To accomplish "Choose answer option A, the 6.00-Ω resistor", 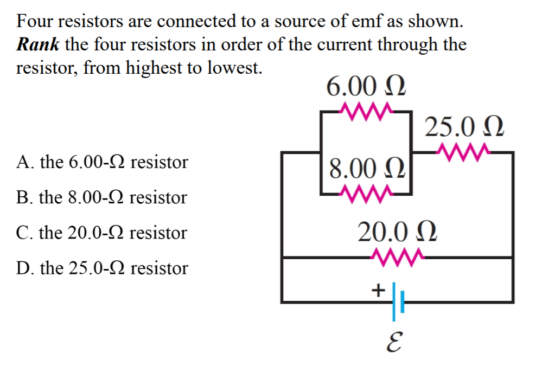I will coord(102,162).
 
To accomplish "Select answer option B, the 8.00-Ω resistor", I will coord(101,197).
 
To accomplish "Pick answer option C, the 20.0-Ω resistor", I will coord(101,233).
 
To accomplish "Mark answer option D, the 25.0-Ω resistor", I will coord(102,268).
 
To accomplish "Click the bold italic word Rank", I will coord(38,44).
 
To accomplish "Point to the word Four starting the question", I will coord(35,22).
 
